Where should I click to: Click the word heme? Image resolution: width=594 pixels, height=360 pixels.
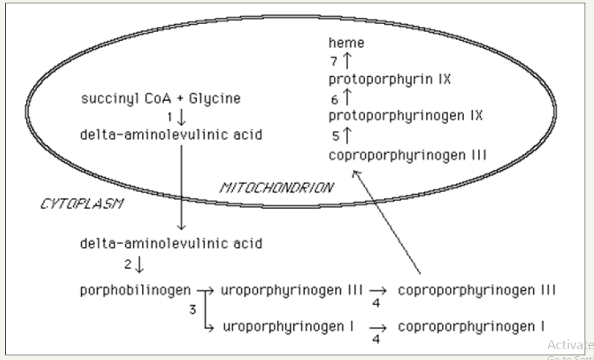coord(346,43)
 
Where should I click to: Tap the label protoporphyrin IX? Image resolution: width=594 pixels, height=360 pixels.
coord(390,80)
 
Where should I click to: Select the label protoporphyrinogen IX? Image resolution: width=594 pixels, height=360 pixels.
coord(405,116)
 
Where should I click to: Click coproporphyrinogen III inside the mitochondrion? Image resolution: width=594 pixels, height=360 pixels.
coord(407,155)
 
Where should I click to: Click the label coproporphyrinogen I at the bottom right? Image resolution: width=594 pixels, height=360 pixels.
coord(471,326)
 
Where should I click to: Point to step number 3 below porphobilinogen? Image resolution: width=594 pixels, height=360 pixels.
coord(192,309)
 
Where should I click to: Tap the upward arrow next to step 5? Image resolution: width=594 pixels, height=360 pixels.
coord(347,135)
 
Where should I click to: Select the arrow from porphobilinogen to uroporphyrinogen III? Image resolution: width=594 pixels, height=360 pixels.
coord(206,292)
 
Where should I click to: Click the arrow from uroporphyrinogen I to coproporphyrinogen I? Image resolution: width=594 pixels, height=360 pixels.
coord(380,327)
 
